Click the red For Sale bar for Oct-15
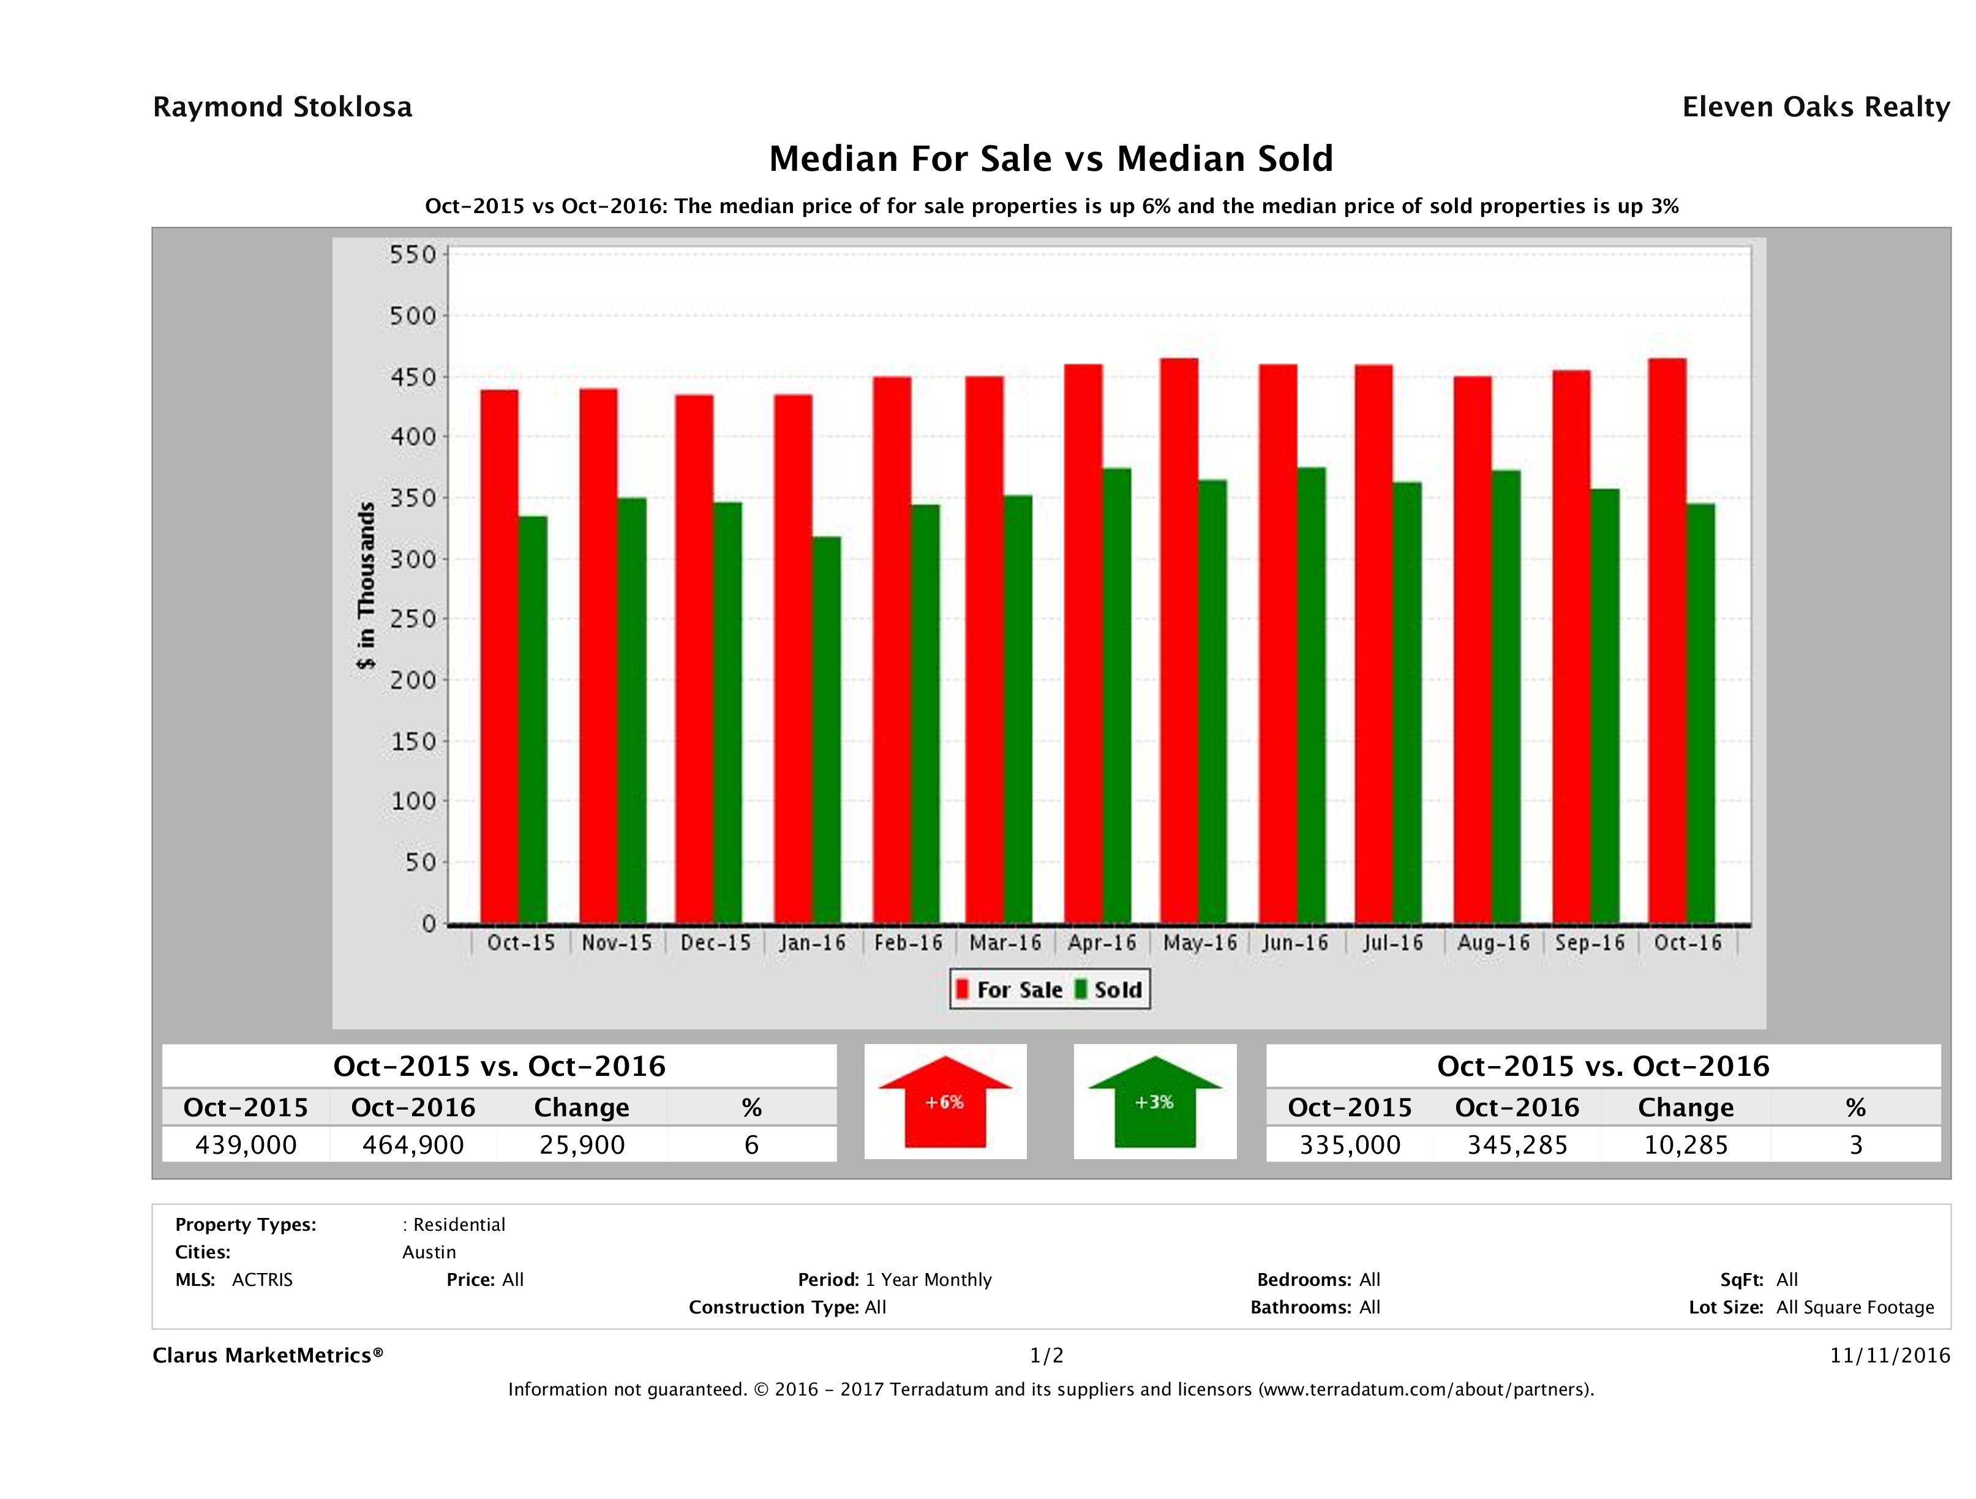[500, 656]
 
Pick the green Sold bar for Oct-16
[1700, 713]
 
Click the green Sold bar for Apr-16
[1117, 695]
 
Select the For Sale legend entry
[1010, 990]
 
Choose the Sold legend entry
[1110, 990]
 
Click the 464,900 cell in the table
[413, 1145]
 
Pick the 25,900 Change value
[582, 1145]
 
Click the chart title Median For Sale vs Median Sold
[1051, 159]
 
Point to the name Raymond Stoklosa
[282, 107]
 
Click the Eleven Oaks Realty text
[1815, 107]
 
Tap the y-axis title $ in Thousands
[366, 586]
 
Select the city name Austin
[429, 1252]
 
